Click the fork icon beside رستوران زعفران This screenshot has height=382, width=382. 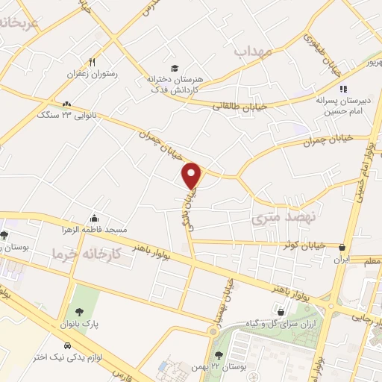pyautogui.click(x=93, y=63)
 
